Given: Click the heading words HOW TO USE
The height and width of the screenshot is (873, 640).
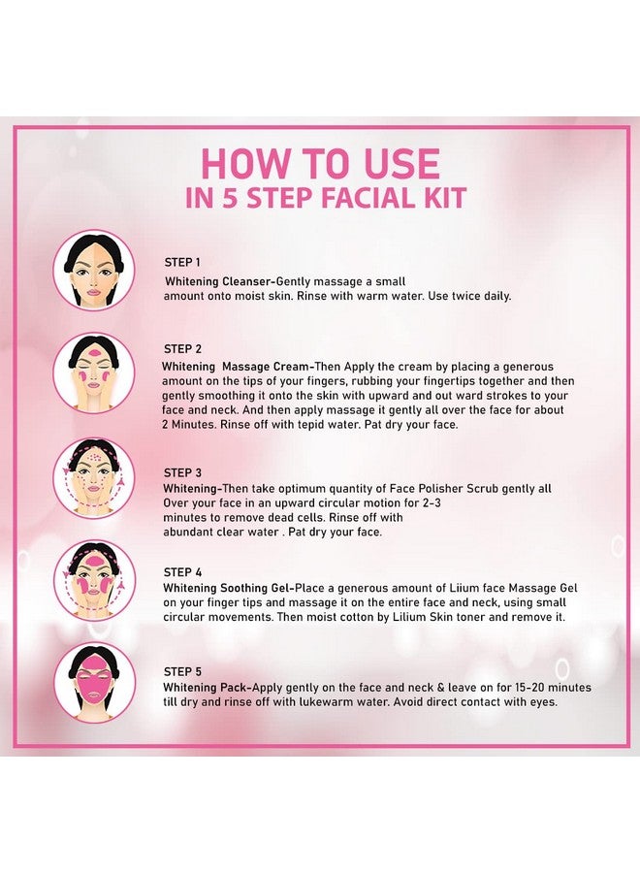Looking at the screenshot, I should click(x=320, y=164).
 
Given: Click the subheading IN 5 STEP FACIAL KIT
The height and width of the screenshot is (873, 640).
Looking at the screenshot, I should click(x=326, y=199).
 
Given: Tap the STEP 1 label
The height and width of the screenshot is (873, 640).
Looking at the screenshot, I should click(x=183, y=262).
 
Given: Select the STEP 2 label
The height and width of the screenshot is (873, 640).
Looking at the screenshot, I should click(x=183, y=349).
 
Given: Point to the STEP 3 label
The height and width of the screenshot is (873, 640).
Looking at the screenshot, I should click(x=183, y=472).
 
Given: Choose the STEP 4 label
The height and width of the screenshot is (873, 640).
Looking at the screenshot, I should click(x=183, y=572).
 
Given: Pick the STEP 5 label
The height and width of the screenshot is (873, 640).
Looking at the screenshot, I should click(x=183, y=671).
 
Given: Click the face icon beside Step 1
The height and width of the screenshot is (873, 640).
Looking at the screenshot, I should click(x=94, y=270).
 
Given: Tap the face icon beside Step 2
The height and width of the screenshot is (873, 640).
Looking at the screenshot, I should click(x=94, y=372).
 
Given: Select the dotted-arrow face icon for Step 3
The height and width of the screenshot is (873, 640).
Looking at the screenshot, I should click(x=94, y=477).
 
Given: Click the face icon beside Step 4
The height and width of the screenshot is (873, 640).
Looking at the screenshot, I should click(x=94, y=580).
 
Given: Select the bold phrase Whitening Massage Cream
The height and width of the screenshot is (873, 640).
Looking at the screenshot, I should click(x=239, y=367).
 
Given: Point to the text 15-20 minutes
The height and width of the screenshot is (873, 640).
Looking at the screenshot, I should click(x=541, y=688).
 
